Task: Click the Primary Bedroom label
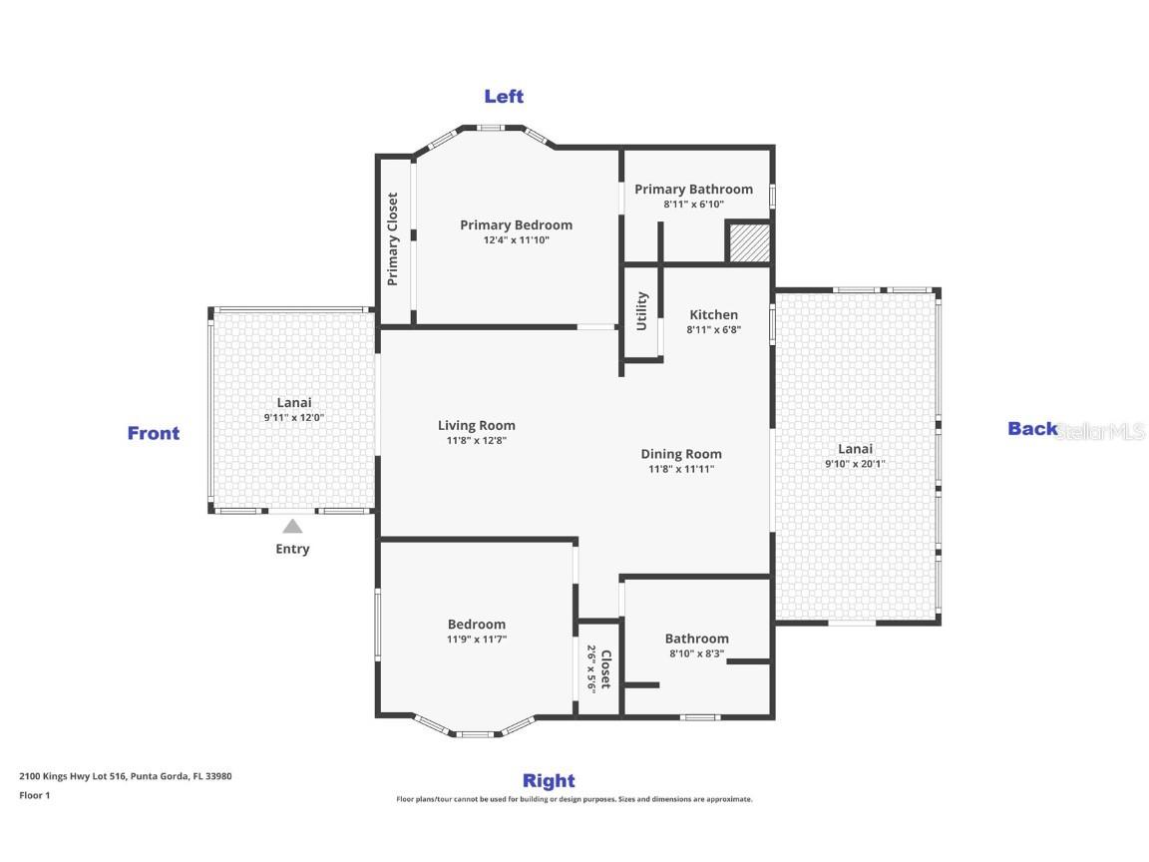click(x=516, y=224)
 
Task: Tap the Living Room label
click(x=476, y=425)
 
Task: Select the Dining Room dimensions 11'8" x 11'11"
click(x=680, y=469)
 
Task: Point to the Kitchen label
click(x=713, y=314)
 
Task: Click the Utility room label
click(x=642, y=311)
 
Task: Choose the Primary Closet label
click(x=393, y=239)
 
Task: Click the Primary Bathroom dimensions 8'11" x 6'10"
click(x=693, y=205)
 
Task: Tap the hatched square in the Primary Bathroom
click(x=747, y=243)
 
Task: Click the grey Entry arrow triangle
click(x=292, y=526)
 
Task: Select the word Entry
click(x=292, y=549)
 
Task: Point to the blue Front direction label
click(x=154, y=433)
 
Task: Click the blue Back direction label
click(x=1032, y=429)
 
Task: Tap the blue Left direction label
click(x=504, y=96)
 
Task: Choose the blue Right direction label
click(x=549, y=780)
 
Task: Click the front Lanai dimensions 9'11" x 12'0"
click(x=294, y=418)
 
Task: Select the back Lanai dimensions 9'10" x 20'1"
click(x=855, y=464)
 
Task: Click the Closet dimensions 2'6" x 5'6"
click(x=591, y=668)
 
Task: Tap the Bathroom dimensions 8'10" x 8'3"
click(x=696, y=654)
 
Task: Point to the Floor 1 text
click(x=34, y=795)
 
